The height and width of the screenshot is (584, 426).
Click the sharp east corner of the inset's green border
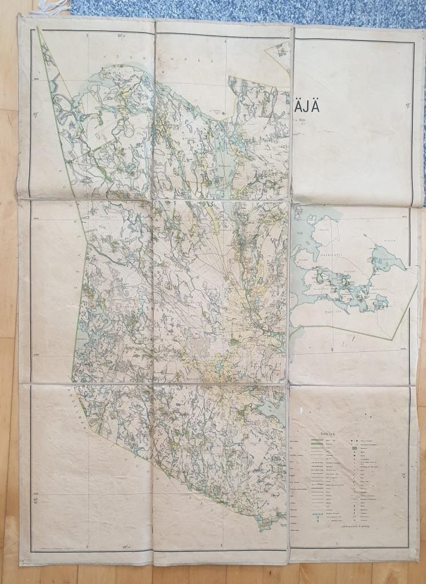[417, 287]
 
